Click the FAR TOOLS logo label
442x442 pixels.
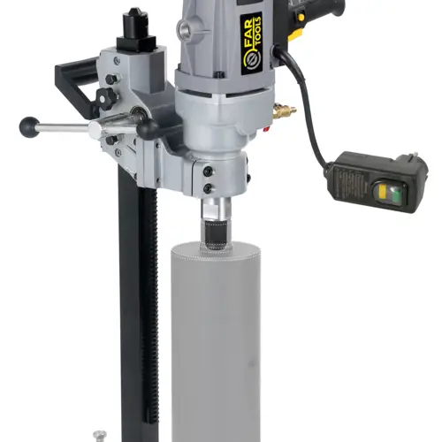[x=251, y=43]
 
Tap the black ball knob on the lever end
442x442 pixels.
[x=29, y=126]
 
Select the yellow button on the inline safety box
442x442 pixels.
[x=382, y=191]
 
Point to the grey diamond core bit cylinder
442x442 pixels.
[x=216, y=342]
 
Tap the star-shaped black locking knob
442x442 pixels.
[x=106, y=98]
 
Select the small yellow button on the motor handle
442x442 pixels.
[x=301, y=17]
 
